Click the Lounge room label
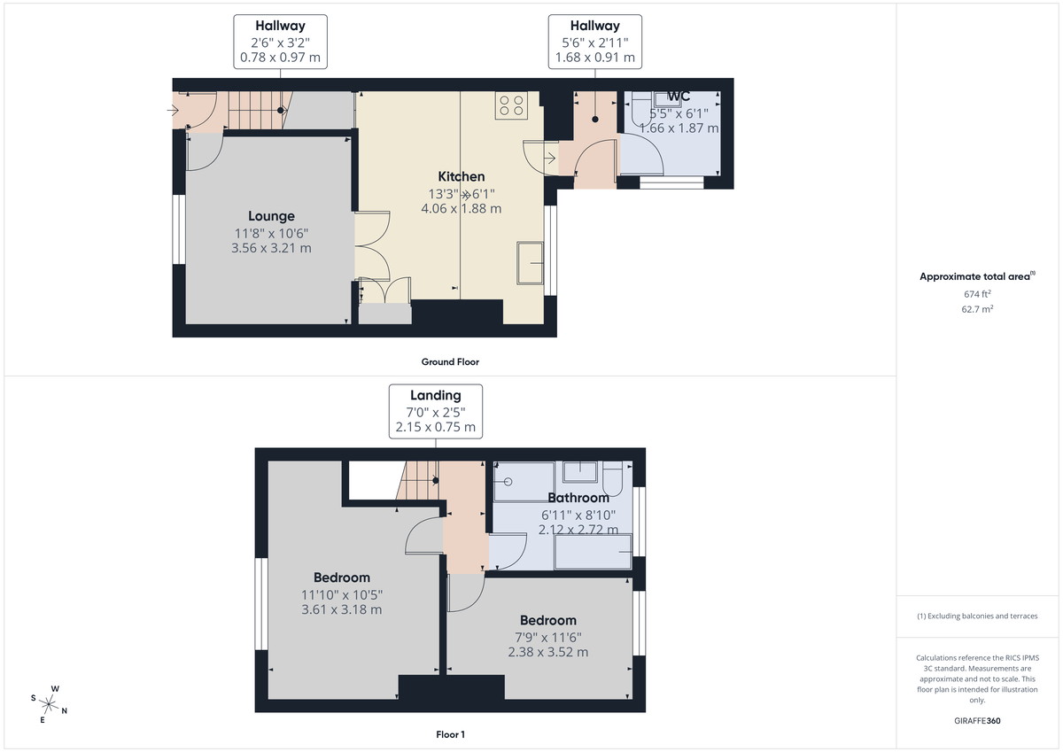271,216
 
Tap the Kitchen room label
461,176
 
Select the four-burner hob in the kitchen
511,105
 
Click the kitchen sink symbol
531,262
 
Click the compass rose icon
50,705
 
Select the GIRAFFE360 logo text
979,721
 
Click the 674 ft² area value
979,293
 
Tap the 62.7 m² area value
979,309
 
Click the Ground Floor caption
450,361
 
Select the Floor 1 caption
450,734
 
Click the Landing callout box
435,411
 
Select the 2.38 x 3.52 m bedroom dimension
547,652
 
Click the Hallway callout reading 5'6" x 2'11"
595,42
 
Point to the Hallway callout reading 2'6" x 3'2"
280,42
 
